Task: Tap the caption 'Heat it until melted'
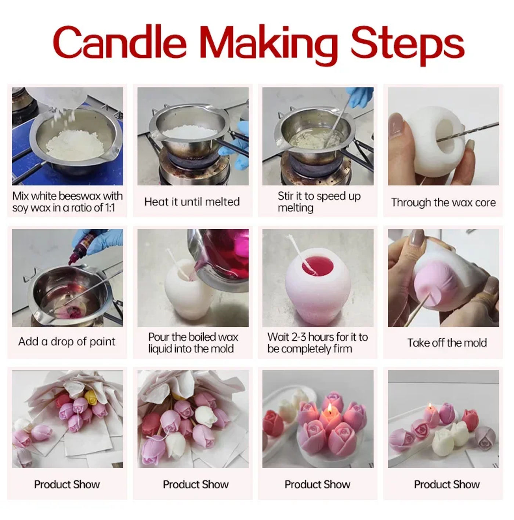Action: (x=192, y=202)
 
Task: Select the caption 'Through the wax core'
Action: (x=443, y=202)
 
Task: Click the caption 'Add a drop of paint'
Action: (x=67, y=341)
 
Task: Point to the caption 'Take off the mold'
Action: (x=447, y=343)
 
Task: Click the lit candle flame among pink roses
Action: (x=330, y=409)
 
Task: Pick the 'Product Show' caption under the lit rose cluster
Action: (x=317, y=484)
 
